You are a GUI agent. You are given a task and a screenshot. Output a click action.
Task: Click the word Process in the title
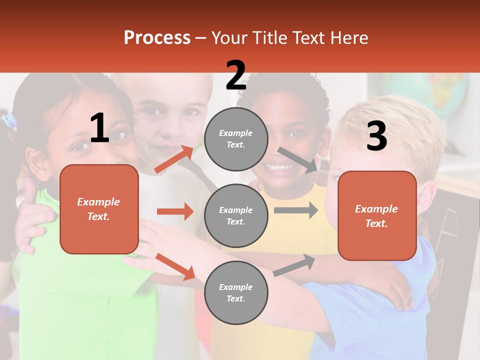tap(157, 38)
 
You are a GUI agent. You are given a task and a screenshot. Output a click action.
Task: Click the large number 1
tap(99, 128)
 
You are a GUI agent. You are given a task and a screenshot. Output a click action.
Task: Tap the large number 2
tap(235, 75)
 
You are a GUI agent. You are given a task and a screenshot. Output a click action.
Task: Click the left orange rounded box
tap(99, 209)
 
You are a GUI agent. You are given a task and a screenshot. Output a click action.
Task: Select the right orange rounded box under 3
tap(377, 216)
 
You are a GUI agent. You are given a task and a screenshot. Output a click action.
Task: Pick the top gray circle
tap(236, 139)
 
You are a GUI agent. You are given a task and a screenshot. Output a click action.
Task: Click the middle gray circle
tap(236, 216)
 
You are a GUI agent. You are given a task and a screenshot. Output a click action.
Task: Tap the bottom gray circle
tap(236, 292)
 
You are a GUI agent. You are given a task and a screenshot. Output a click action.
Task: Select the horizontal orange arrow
tap(175, 211)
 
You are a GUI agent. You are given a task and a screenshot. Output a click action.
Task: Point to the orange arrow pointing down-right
tap(175, 266)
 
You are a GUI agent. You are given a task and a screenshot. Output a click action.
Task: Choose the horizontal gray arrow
tap(296, 210)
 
